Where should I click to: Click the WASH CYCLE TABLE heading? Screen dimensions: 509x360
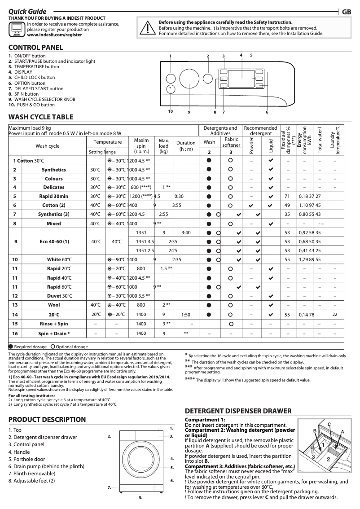click(x=41, y=117)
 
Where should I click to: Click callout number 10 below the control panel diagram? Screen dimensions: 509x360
click(x=171, y=111)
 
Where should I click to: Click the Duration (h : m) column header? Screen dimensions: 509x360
click(x=186, y=146)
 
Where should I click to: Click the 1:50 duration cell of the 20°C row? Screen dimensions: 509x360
click(x=186, y=315)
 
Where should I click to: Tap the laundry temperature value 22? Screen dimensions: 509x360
click(x=334, y=315)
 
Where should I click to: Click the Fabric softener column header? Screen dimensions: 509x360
click(x=231, y=142)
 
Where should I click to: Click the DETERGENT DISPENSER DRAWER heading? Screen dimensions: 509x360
click(x=238, y=411)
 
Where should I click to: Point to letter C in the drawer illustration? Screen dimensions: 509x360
click(x=329, y=424)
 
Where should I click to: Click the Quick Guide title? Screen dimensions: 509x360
click(x=27, y=12)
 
